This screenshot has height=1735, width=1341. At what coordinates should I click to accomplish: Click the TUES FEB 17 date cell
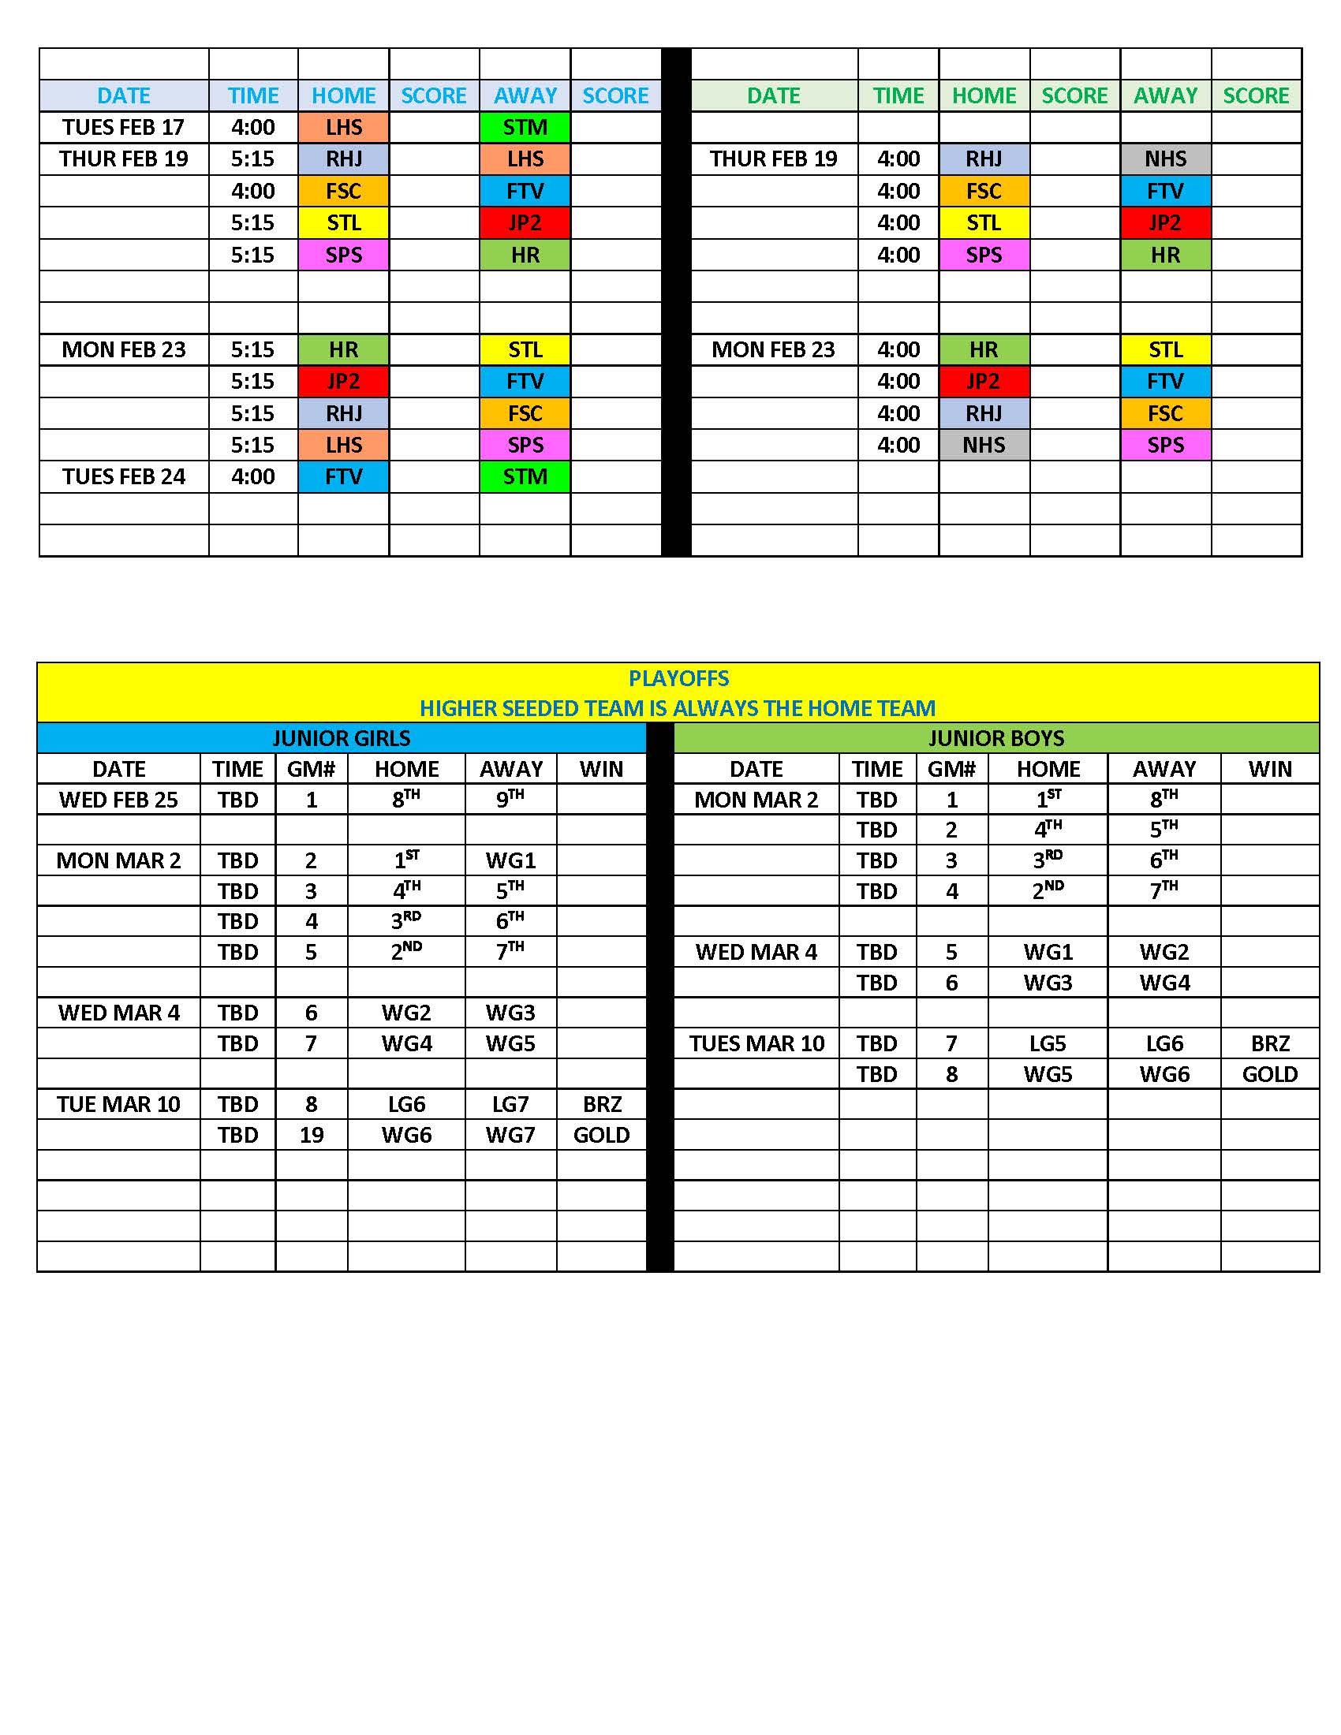tap(123, 127)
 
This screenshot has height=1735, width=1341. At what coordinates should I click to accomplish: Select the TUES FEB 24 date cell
tap(123, 476)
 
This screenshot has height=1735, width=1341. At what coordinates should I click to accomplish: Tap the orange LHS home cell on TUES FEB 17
tap(343, 127)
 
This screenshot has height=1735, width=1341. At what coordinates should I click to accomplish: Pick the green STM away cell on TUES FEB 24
tap(525, 476)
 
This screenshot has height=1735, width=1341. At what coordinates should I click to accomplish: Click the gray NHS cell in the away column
tap(1164, 159)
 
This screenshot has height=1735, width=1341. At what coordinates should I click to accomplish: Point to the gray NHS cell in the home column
tap(984, 445)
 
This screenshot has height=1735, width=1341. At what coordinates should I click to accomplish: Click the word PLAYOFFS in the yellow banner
tap(678, 678)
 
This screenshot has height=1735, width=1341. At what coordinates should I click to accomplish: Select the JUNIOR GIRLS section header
tap(341, 738)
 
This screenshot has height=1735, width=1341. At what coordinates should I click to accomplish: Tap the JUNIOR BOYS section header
tap(995, 738)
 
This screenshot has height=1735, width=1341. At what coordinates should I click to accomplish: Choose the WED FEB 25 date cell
tap(118, 800)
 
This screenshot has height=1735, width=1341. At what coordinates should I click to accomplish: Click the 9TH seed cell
tap(510, 799)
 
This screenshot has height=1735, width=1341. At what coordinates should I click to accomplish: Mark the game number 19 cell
tap(312, 1134)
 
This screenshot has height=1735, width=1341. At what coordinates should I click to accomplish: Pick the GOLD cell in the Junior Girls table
tap(601, 1134)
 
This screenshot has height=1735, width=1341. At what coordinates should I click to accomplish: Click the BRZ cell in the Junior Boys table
tap(1269, 1043)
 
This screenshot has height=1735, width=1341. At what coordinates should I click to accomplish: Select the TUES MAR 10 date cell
tap(756, 1043)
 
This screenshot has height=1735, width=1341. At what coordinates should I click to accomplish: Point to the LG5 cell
tap(1048, 1043)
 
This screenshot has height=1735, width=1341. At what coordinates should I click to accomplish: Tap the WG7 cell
tap(510, 1134)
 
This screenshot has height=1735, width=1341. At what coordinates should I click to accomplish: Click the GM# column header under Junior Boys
tap(951, 769)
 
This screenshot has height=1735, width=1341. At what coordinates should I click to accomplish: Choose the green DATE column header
tap(773, 95)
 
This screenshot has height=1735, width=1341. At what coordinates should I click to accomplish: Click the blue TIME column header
tap(252, 95)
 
